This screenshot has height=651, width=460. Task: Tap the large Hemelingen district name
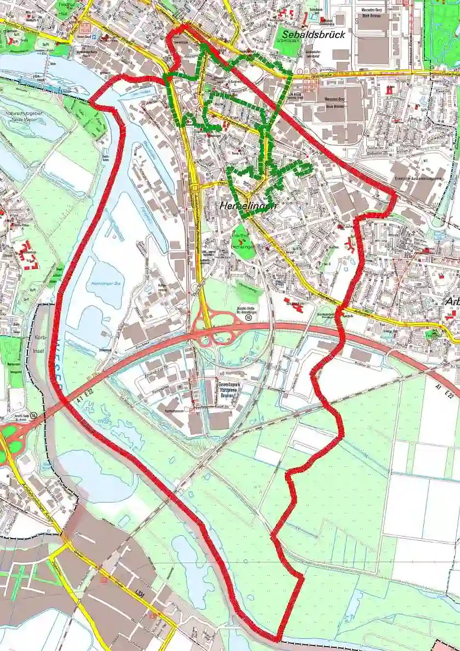tap(247, 206)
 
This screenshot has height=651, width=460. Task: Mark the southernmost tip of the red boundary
tap(278, 639)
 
